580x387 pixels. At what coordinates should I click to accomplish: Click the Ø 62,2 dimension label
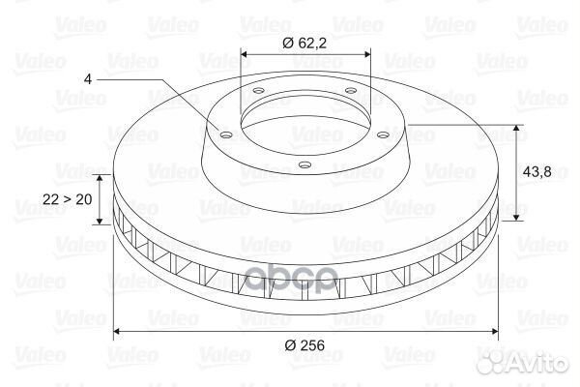click(304, 44)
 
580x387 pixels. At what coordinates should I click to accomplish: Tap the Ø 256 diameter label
click(304, 345)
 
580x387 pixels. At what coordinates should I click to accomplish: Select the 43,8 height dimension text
click(537, 172)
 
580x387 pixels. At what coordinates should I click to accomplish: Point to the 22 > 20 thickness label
click(68, 199)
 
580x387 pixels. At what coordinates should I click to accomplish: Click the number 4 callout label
click(88, 79)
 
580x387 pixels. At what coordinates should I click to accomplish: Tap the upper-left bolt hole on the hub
click(258, 90)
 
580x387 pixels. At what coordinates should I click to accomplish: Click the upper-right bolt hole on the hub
click(350, 90)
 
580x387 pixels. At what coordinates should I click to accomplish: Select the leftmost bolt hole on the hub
click(225, 134)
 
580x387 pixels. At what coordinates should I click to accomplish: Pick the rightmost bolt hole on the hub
click(384, 134)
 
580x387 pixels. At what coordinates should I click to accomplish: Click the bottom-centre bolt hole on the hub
click(304, 164)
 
